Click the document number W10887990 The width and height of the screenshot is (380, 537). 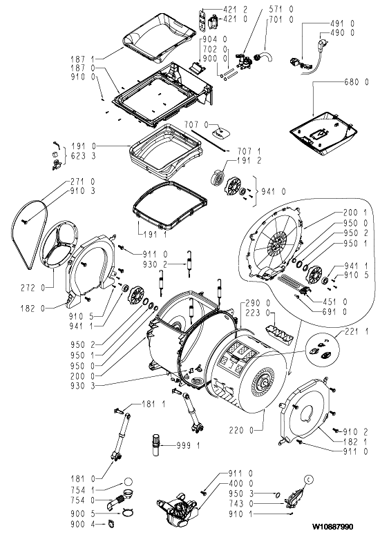pos(332,527)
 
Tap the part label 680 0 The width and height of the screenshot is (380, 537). pos(357,82)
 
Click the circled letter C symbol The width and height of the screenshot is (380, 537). pos(309,480)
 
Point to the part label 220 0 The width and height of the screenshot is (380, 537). pos(241,430)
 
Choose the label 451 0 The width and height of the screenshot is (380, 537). pos(335,302)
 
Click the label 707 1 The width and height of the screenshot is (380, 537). pos(249,151)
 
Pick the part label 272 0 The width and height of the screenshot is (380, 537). pos(32,288)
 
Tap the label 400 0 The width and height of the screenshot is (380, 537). pos(240,484)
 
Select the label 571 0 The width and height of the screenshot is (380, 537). pos(281,10)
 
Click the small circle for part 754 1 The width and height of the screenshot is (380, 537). pos(128,482)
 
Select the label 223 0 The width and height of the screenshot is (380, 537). pos(258,313)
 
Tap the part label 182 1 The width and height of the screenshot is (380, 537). pos(356,441)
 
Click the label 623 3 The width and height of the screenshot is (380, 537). pos(84,157)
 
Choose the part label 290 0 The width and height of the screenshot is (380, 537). pos(258,303)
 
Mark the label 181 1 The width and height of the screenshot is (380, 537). pos(153,404)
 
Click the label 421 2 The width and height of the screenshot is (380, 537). pos(236,10)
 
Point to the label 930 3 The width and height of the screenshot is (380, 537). pos(83,386)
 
